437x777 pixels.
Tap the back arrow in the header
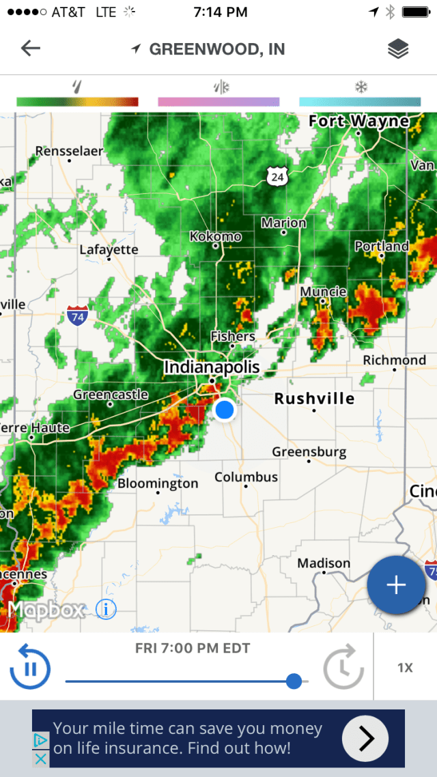(31, 48)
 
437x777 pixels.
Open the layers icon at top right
(398, 49)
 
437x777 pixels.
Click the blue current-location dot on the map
(224, 410)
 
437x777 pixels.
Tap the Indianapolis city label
(212, 367)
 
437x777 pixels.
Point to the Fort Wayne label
(359, 122)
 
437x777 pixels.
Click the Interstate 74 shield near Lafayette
(78, 316)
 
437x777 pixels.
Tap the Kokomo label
(215, 236)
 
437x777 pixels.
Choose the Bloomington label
(158, 483)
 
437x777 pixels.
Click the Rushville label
(314, 398)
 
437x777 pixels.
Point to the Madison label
(324, 563)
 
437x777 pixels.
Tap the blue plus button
(396, 585)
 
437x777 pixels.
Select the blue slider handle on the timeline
(294, 681)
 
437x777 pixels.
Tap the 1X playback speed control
(405, 668)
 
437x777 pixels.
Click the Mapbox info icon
(106, 609)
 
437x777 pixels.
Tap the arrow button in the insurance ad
(365, 738)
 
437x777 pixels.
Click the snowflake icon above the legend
(360, 87)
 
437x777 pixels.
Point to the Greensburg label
(309, 452)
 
